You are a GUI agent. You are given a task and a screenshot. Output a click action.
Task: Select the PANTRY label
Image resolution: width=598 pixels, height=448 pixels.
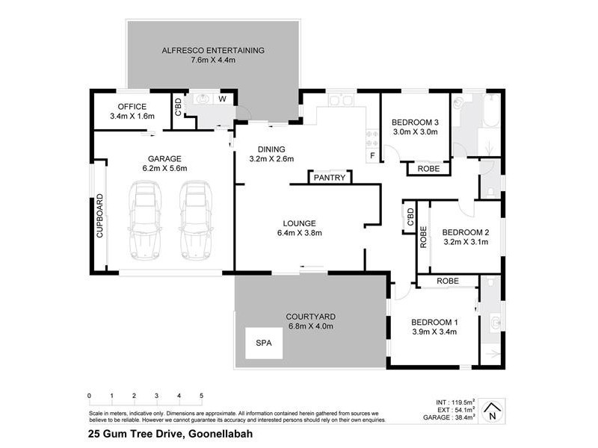[329, 178]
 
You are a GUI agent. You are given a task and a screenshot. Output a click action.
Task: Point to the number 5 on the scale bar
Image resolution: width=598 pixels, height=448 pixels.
[201, 396]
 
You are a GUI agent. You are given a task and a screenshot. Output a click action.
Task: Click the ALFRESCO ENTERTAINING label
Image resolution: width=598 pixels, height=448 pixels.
[213, 51]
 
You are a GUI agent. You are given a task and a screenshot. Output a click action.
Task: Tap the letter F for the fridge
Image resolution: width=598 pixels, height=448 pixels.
[372, 155]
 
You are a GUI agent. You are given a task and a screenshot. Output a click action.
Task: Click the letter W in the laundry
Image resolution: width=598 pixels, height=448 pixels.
[222, 98]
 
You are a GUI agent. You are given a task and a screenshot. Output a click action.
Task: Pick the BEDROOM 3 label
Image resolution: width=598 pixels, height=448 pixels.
[415, 122]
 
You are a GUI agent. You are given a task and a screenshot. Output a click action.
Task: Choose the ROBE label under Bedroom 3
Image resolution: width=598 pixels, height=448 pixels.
[428, 168]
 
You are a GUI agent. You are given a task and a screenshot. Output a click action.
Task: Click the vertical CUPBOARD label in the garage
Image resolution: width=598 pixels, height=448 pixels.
[99, 217]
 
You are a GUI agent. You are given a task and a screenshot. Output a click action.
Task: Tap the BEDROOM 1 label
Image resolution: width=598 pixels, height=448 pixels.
[434, 322]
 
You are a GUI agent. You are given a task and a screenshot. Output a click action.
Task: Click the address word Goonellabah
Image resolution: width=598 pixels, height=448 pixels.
[221, 433]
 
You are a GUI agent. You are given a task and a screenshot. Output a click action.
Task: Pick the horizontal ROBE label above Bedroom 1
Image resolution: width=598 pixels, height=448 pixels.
[447, 281]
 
